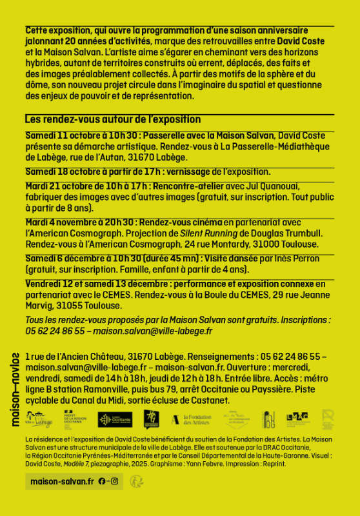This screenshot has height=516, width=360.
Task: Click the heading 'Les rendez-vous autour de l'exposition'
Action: tap(113, 119)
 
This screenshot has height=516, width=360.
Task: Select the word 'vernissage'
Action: tap(191, 172)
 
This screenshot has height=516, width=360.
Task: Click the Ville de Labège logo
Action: tap(39, 420)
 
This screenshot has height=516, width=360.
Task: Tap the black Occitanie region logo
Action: tap(115, 420)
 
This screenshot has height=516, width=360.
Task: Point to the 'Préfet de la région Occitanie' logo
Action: tap(76, 420)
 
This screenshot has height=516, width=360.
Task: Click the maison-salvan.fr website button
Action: tap(63, 481)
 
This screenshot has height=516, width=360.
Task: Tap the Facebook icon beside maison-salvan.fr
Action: tap(102, 481)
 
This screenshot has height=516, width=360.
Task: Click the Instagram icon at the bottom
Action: tap(114, 481)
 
